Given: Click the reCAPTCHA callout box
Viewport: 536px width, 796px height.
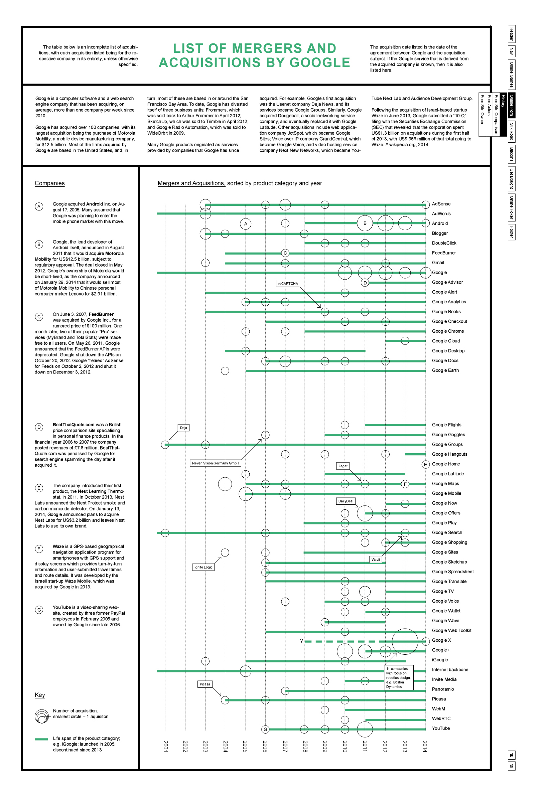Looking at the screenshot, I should (288, 284).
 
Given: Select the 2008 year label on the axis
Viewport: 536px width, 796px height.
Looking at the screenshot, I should (305, 746).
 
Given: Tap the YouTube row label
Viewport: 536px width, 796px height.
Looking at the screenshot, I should (441, 728).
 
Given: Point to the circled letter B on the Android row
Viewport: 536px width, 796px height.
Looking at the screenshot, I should (365, 223).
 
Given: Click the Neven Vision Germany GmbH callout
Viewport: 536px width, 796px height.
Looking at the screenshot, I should (215, 463).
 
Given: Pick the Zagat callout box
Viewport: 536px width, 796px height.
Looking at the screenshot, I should (343, 466).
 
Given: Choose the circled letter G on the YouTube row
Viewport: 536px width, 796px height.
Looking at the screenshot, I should (265, 730).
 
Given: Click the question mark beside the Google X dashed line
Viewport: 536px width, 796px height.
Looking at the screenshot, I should (301, 641).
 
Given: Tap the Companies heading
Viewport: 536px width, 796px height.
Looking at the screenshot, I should (49, 183).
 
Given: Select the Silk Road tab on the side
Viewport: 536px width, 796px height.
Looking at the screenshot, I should (511, 131).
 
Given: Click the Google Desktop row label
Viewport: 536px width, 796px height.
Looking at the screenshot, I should (448, 351).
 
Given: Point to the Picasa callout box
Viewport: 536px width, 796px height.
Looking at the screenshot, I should (205, 684).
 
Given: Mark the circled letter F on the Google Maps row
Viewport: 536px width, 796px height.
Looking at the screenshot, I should (405, 484).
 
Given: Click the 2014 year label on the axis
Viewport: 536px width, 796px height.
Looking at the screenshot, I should (425, 746).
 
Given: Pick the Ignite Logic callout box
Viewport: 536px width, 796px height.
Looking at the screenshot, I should (204, 567).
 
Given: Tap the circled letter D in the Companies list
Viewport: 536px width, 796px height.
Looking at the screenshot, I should (39, 427).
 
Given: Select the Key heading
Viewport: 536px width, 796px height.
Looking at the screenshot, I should (40, 695).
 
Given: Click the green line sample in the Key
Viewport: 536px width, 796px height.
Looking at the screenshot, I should (41, 739).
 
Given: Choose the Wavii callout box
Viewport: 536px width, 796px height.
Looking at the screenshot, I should (376, 560).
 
